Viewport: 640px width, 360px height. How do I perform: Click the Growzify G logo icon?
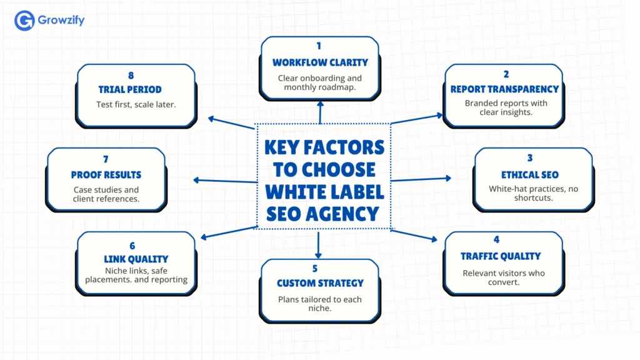[x=24, y=21]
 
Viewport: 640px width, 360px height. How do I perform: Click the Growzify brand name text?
[x=61, y=21]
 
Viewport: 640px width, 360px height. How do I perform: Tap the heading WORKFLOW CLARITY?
[x=320, y=62]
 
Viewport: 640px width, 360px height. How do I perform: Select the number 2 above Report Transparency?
[x=505, y=74]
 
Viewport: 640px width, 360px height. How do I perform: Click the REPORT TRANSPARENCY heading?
[x=505, y=89]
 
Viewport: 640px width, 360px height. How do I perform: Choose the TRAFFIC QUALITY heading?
[x=501, y=256]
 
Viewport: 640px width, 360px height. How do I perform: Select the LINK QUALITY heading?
[x=136, y=259]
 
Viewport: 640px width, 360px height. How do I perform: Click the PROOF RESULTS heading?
[x=106, y=175]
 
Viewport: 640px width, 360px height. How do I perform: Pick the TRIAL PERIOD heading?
[x=130, y=89]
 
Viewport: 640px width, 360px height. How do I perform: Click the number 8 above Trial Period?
[x=130, y=74]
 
